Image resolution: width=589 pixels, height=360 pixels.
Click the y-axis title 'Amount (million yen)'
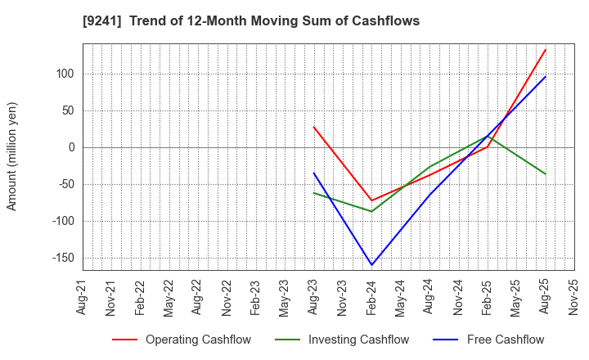click(x=11, y=156)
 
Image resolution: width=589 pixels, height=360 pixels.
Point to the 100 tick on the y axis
click(x=65, y=74)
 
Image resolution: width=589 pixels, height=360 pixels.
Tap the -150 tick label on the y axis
click(x=61, y=258)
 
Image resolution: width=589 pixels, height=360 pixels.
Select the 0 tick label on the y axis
click(x=71, y=147)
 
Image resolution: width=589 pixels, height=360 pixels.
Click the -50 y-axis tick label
click(x=65, y=184)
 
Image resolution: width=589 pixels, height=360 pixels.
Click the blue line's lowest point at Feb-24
click(x=371, y=265)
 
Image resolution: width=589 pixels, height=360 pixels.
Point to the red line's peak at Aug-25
click(x=545, y=49)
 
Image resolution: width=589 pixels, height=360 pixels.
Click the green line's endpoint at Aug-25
click(x=545, y=173)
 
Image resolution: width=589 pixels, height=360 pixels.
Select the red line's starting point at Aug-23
click(x=313, y=127)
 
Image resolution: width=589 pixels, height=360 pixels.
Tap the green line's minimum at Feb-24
click(x=371, y=211)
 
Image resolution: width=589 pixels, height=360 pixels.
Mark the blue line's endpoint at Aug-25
click(x=545, y=77)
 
